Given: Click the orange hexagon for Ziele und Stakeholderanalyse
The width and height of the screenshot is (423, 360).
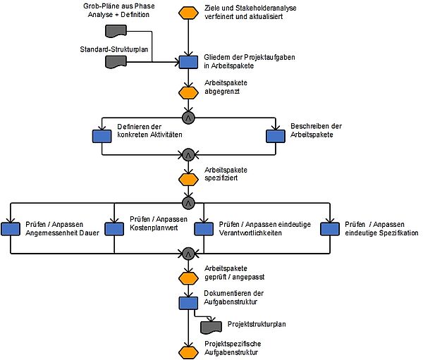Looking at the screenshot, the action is [x=188, y=13].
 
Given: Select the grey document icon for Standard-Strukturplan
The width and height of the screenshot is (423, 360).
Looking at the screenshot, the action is [x=116, y=62].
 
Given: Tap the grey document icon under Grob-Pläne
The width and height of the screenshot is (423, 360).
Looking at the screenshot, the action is [x=116, y=31].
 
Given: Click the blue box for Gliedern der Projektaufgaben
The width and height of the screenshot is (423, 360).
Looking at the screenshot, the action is [x=188, y=62].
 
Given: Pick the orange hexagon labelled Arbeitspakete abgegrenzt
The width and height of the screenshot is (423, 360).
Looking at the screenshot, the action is [x=188, y=93].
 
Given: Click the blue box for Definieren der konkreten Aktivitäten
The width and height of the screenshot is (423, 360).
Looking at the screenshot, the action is [x=102, y=136].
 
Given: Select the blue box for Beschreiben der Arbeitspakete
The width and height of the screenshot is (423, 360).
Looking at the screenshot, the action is [x=276, y=136].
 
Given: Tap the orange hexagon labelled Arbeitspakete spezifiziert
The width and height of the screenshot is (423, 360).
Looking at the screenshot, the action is [x=188, y=180].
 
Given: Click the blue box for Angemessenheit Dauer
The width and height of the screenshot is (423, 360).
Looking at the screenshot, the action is [x=11, y=229].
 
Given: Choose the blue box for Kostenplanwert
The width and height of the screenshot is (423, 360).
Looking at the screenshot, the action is [x=114, y=229].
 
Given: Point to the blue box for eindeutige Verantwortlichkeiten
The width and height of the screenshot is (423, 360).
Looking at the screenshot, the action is [x=204, y=229].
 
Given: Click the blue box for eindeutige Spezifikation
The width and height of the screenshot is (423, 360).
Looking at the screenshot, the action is [x=330, y=229].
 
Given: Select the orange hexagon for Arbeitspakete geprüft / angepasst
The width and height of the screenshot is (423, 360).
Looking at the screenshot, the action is [x=188, y=278].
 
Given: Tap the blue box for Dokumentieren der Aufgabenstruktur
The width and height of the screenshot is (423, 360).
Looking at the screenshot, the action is [x=188, y=302].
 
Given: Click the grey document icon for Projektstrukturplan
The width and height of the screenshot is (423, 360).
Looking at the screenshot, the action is [x=211, y=327].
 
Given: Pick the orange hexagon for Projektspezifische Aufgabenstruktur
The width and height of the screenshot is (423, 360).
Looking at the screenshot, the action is [x=188, y=353].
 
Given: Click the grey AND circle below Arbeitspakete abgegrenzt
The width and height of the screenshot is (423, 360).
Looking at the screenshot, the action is [x=188, y=118].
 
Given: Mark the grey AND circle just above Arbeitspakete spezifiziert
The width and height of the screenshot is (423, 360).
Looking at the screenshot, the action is [x=188, y=155].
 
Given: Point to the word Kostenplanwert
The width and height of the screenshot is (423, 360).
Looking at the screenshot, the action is [x=154, y=228].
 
